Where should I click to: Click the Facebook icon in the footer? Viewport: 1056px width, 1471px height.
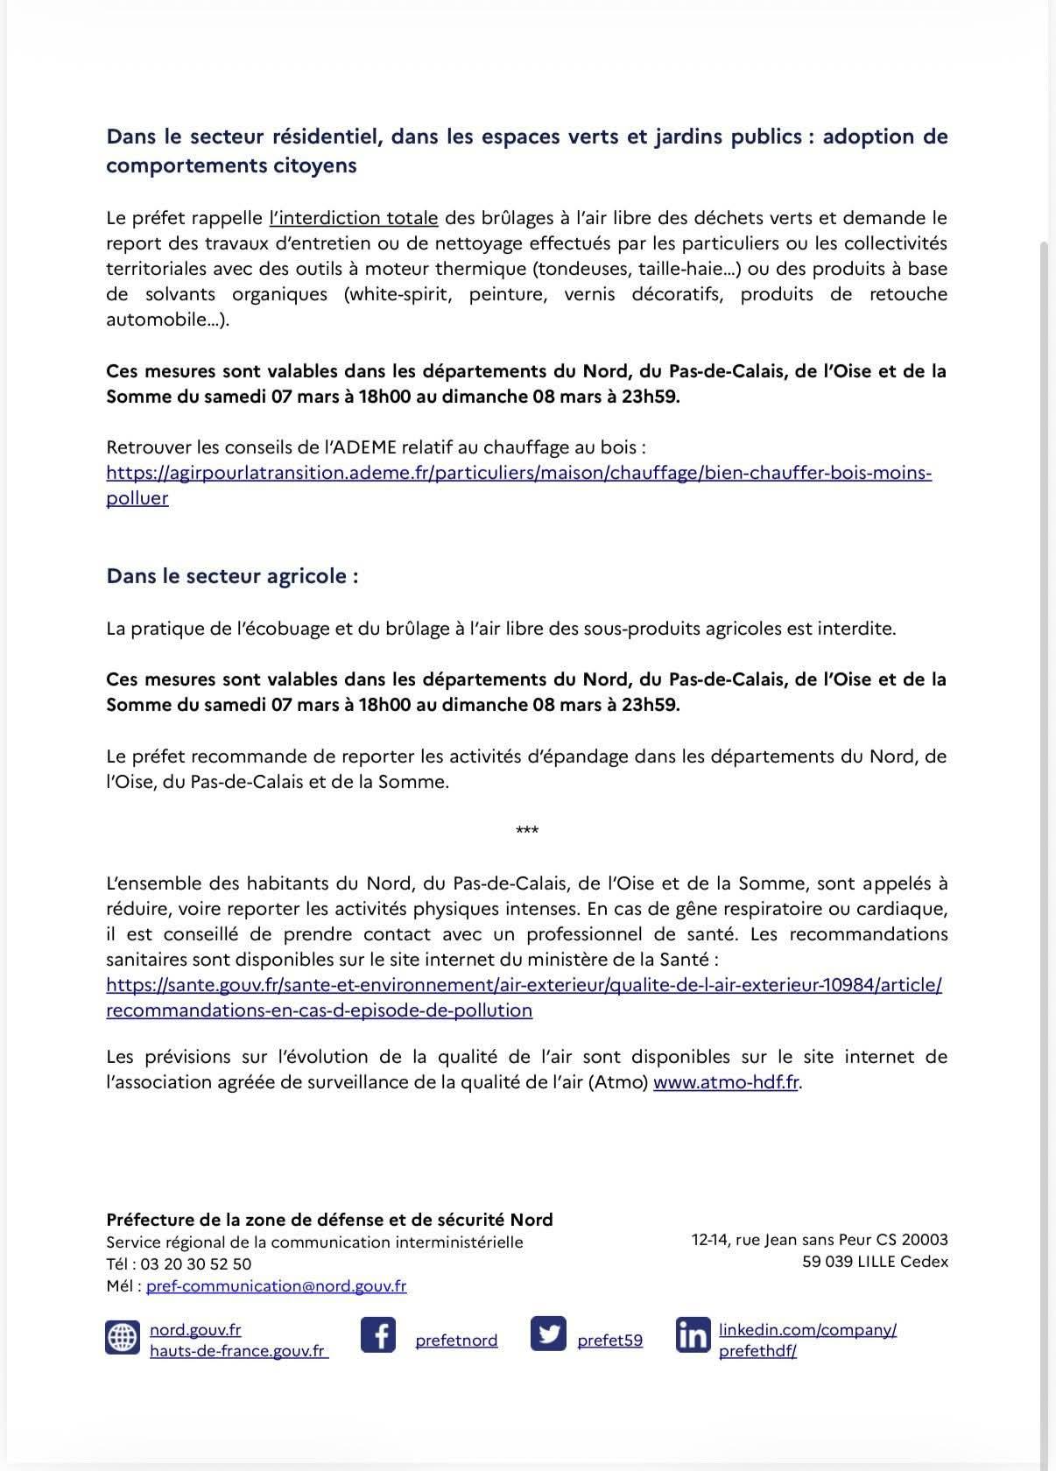(378, 1334)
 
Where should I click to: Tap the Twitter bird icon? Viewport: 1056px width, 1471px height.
(548, 1334)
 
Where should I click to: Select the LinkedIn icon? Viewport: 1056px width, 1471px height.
(692, 1334)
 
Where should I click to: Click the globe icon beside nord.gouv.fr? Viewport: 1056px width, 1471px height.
(123, 1337)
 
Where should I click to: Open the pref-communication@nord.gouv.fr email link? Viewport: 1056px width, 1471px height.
(276, 1285)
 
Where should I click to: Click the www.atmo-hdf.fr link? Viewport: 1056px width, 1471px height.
(726, 1081)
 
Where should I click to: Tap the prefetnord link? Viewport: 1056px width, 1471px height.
(456, 1340)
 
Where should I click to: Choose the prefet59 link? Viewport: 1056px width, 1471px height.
(609, 1340)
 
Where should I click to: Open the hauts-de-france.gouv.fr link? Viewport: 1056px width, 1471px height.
(238, 1350)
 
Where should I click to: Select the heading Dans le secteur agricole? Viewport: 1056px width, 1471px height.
(232, 576)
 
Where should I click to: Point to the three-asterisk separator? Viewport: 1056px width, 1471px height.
(527, 830)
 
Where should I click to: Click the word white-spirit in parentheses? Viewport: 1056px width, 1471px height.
(399, 293)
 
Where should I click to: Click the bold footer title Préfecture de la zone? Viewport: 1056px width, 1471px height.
(329, 1219)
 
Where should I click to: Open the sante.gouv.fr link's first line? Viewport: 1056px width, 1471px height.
(524, 984)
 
